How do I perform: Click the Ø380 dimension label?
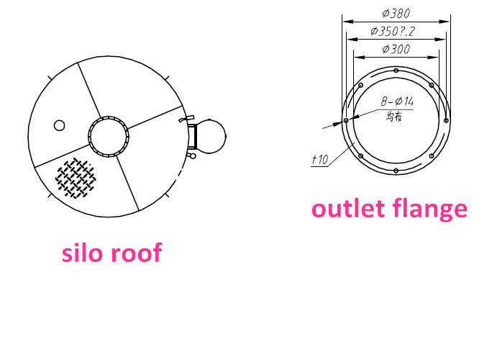(396, 12)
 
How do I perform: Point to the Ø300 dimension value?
(396, 50)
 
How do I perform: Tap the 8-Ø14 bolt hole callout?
(397, 102)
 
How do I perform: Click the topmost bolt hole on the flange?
(396, 70)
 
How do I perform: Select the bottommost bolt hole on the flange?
(396, 171)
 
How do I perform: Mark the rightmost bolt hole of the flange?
(447, 120)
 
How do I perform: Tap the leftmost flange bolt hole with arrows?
(346, 120)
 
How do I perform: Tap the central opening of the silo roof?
(109, 135)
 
